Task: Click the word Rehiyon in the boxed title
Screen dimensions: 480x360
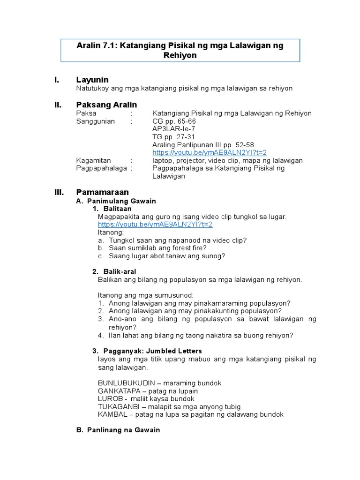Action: [180, 55]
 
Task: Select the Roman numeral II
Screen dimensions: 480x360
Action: [59, 105]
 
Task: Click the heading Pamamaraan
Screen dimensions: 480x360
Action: [102, 192]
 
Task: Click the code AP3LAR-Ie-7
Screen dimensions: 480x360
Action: [174, 129]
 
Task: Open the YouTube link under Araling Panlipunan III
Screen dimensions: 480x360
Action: [210, 153]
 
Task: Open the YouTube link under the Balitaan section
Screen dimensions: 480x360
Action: [155, 225]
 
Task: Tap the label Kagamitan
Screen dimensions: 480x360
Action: [94, 161]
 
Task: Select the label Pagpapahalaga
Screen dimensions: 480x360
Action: [101, 168]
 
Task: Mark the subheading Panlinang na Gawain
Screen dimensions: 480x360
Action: [124, 430]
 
